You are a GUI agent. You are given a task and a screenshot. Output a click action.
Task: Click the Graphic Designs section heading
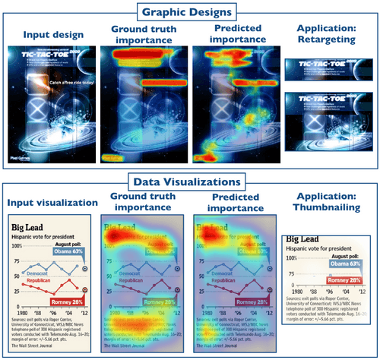pos(190,11)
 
